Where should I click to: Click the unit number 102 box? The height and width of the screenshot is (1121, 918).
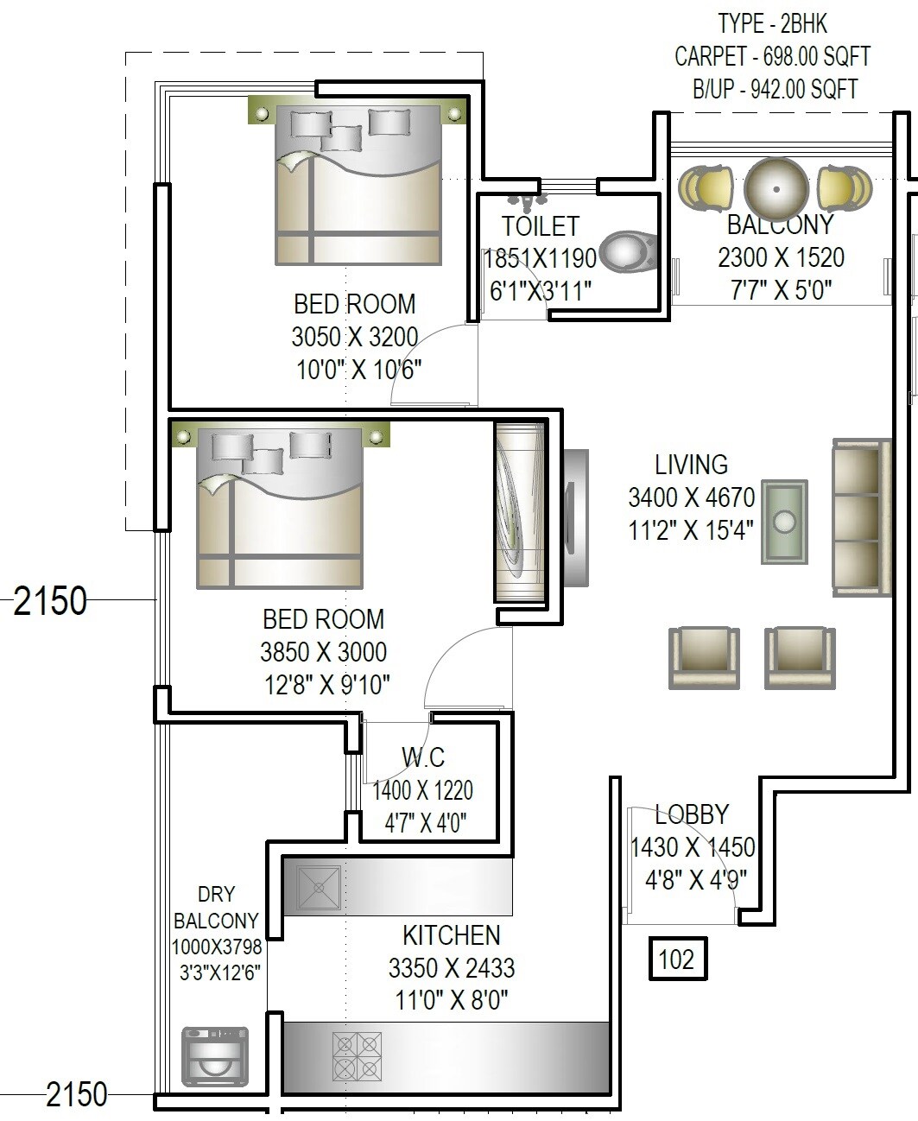pos(677,959)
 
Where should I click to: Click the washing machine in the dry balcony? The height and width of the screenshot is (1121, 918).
pos(215,1056)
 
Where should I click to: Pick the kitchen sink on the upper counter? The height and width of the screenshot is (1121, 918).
pos(318,887)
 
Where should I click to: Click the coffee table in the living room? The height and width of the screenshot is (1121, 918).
pos(784,522)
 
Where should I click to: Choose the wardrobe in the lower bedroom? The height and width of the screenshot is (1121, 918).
pos(520,511)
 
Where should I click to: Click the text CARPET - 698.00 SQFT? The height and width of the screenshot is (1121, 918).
pos(772,57)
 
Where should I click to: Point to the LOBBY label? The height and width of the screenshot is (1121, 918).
pos(692,814)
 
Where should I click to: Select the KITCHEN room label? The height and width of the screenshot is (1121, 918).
pos(451,935)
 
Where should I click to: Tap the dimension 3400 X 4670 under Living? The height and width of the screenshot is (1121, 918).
pos(691,497)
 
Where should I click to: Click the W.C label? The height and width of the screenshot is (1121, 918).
pos(423,757)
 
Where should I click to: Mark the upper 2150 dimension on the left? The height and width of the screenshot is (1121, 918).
pos(51,600)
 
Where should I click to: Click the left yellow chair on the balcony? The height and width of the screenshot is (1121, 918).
pos(705,187)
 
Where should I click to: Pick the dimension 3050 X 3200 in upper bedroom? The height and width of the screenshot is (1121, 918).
pos(355,337)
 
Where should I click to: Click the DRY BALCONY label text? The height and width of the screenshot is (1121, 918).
pos(216,908)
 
